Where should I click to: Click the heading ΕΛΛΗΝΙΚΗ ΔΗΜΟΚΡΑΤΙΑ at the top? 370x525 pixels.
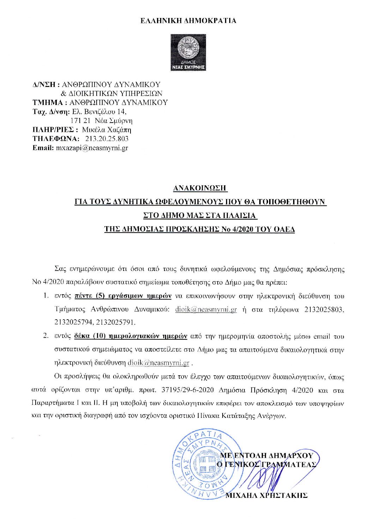click(x=188, y=20)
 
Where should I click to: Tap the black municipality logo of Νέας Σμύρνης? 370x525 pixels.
click(x=188, y=52)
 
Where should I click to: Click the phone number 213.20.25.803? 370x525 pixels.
click(x=107, y=139)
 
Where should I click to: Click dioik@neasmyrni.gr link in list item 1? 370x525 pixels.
click(x=206, y=310)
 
